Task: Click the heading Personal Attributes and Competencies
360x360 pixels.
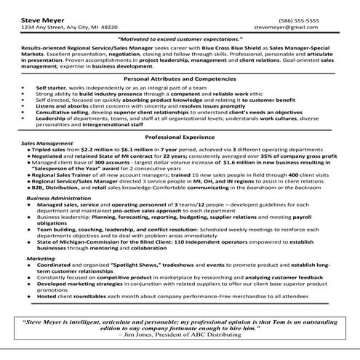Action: coord(180,79)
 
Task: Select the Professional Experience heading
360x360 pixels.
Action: coord(180,137)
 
